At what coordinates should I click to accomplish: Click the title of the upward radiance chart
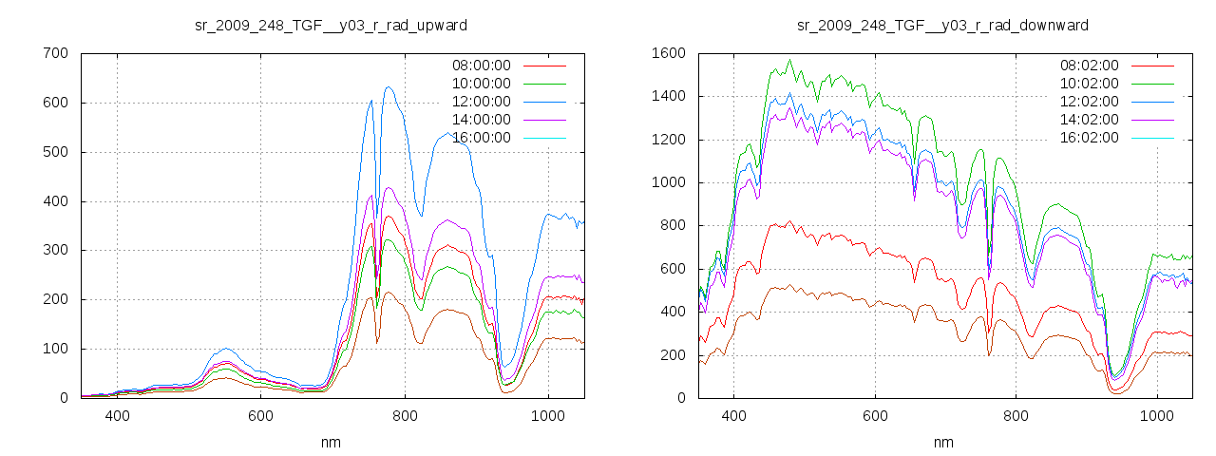coord(330,25)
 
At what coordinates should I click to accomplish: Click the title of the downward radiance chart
coord(942,25)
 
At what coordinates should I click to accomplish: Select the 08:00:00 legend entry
coord(481,66)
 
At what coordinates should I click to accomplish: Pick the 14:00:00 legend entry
coord(481,120)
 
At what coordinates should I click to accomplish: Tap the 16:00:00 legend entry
coord(481,138)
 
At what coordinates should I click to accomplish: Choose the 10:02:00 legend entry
coord(1089,84)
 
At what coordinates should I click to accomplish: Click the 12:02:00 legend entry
coord(1089,102)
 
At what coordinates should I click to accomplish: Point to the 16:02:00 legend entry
coord(1089,138)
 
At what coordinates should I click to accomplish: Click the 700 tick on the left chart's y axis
coord(55,53)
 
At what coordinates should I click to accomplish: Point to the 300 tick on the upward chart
coord(55,250)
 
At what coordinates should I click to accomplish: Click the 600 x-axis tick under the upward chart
coord(261,415)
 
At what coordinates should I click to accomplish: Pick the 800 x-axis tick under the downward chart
coord(1016,415)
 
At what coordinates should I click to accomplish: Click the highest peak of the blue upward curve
coord(389,87)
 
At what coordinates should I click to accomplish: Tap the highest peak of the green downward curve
coord(788,61)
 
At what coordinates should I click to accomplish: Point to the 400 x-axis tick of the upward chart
coord(118,415)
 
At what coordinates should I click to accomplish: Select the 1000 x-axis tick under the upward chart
coord(548,415)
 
